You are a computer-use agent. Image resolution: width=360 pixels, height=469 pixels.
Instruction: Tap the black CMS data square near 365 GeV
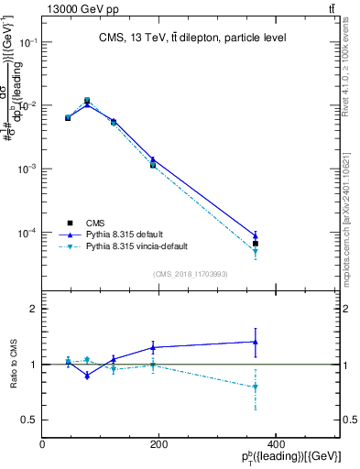click(x=256, y=244)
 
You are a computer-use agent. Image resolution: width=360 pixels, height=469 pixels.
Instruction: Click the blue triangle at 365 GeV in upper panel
click(x=256, y=235)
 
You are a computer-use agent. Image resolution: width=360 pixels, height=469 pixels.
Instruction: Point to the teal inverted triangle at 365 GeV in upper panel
click(x=256, y=251)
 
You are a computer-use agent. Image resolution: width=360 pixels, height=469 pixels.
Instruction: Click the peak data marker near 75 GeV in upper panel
click(x=87, y=100)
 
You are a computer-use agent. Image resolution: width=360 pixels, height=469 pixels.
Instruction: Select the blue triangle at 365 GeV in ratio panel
click(x=256, y=342)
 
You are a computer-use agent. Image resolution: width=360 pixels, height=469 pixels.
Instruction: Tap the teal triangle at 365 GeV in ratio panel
click(x=256, y=387)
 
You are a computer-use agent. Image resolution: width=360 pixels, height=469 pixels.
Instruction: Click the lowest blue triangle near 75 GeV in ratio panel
click(x=87, y=376)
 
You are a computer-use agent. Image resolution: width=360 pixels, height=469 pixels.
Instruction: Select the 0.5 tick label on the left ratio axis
click(x=29, y=420)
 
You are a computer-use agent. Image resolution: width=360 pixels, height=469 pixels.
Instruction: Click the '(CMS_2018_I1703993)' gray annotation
click(x=190, y=274)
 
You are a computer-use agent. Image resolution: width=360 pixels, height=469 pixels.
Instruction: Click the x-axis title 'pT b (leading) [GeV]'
click(x=292, y=457)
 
